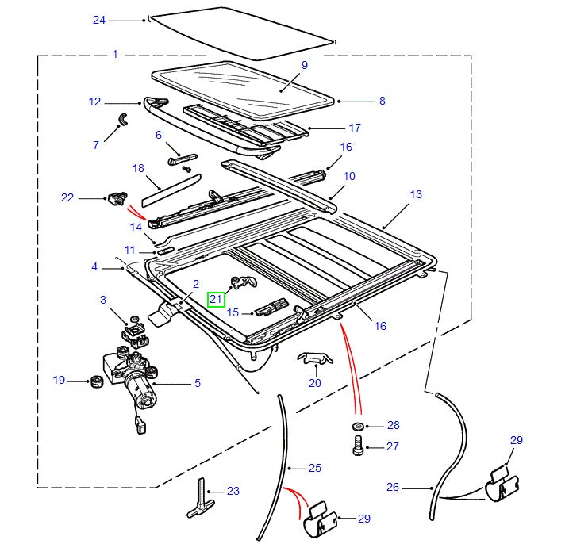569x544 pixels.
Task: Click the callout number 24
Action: [98, 20]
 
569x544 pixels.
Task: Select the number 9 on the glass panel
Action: [304, 65]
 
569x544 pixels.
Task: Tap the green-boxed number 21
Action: [216, 299]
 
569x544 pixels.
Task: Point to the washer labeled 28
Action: [357, 427]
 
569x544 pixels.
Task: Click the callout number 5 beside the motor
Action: [197, 383]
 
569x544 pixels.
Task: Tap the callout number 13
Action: [416, 194]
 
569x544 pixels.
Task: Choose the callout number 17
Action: [354, 128]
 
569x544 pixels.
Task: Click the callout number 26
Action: [393, 487]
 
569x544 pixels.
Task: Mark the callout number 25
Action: [315, 468]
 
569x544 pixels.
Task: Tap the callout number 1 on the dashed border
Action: [114, 55]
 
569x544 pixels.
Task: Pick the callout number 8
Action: [382, 101]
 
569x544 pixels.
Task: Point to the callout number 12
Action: [95, 102]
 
